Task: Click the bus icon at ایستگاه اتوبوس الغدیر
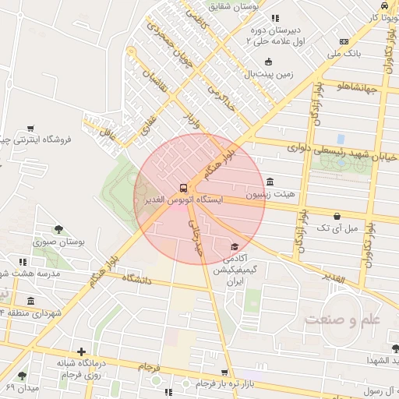(x=183, y=188)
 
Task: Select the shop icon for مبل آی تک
(x=337, y=216)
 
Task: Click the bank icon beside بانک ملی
(x=344, y=42)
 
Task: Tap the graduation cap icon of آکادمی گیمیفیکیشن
(x=235, y=246)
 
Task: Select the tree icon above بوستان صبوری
(x=58, y=229)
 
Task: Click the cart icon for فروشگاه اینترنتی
(x=30, y=128)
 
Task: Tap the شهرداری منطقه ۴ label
(x=34, y=312)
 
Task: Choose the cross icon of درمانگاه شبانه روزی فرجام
(x=81, y=351)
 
